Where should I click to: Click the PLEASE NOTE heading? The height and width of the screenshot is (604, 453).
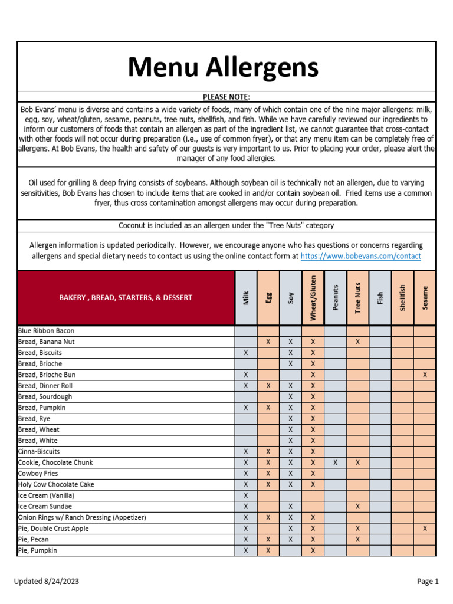click(x=226, y=97)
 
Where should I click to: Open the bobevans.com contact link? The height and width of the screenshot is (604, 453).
click(x=360, y=256)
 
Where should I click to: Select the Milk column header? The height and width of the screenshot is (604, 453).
click(x=246, y=298)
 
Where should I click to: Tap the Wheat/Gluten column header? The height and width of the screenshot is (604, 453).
click(x=313, y=298)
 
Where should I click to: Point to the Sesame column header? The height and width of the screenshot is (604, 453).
click(x=425, y=298)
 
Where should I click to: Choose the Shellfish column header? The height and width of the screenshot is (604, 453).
click(x=402, y=298)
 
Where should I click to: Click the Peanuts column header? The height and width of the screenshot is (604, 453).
click(x=335, y=298)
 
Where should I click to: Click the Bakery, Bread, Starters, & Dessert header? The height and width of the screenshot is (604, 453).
click(x=126, y=298)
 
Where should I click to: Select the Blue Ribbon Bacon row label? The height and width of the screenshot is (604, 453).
click(x=46, y=331)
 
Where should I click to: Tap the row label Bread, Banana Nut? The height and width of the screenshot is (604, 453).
click(x=46, y=342)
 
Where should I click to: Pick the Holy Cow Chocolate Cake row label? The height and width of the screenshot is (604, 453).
click(x=56, y=484)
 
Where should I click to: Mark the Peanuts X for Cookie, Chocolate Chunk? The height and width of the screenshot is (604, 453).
click(x=335, y=462)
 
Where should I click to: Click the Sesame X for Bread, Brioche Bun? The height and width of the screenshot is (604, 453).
click(x=425, y=375)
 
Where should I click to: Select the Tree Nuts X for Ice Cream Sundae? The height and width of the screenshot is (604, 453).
click(x=357, y=507)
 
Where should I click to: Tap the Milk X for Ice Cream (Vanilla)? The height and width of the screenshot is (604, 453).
click(x=246, y=495)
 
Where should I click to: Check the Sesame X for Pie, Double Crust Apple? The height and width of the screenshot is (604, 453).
click(x=425, y=528)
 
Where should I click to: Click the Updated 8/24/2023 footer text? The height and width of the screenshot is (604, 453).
click(x=47, y=581)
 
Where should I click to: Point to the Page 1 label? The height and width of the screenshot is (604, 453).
click(x=428, y=581)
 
